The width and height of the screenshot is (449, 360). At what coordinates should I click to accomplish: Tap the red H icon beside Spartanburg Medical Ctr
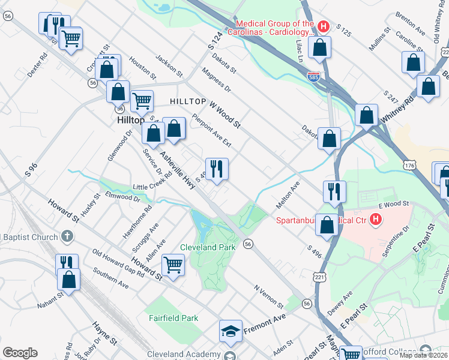point(376,220)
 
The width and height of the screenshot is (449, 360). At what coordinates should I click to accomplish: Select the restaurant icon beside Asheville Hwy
point(217,169)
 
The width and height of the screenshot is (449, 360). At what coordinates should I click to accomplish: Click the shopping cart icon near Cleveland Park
point(173,263)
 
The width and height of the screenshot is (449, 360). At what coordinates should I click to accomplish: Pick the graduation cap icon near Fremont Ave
point(230,331)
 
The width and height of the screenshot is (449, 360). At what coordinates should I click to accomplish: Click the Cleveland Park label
point(207,247)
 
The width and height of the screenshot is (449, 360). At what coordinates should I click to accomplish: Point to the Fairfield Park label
point(173,317)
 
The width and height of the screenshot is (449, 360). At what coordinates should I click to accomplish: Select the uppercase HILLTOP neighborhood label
point(188,102)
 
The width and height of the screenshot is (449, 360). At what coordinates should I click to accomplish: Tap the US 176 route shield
point(410,164)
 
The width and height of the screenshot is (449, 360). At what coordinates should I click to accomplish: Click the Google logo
point(20,352)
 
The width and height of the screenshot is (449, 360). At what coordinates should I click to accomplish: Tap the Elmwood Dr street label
point(122,196)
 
